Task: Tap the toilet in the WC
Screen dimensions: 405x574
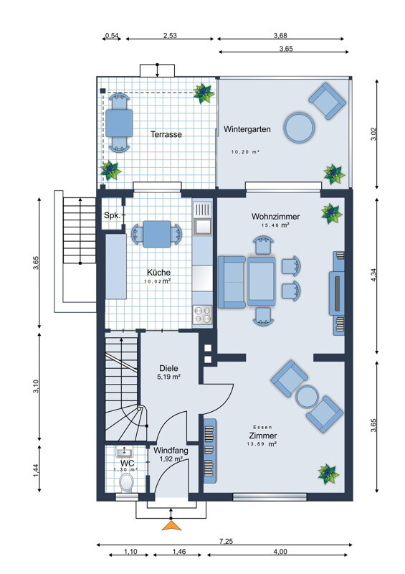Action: (127, 482)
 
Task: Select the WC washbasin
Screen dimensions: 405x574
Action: (125, 452)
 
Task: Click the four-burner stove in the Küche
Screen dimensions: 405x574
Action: (202, 315)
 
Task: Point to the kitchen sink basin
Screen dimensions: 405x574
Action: (202, 226)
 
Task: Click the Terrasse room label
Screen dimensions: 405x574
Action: (166, 134)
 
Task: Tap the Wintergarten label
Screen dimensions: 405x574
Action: (247, 129)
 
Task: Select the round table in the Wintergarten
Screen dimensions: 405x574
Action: (299, 128)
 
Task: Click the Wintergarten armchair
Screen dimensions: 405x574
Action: (327, 100)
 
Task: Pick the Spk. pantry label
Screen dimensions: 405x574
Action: (112, 215)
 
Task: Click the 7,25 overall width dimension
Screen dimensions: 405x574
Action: (227, 542)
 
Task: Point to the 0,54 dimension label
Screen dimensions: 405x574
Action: (112, 35)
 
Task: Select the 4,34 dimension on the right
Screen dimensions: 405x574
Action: (373, 275)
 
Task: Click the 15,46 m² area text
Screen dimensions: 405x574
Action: (275, 225)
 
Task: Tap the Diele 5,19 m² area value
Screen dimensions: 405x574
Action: (168, 377)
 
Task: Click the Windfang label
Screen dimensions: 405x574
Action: (171, 451)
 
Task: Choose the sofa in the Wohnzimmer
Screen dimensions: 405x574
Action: (232, 282)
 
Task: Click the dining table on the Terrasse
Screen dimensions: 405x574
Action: (119, 123)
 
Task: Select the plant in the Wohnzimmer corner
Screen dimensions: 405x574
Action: (331, 213)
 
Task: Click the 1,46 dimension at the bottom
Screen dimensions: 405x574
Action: (179, 551)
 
